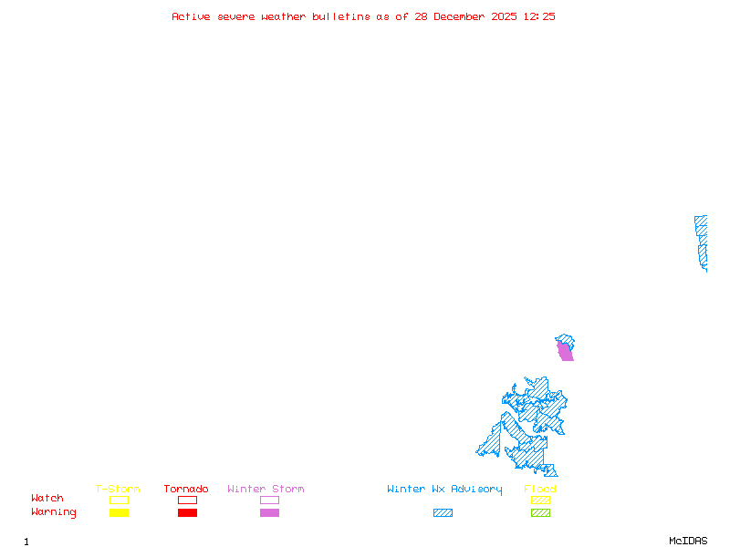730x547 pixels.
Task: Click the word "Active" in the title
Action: click(x=191, y=16)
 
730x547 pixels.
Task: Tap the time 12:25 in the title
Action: click(x=538, y=16)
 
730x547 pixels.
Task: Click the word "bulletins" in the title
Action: click(x=341, y=16)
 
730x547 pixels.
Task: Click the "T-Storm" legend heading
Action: click(x=118, y=490)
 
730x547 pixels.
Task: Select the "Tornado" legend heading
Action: click(x=186, y=490)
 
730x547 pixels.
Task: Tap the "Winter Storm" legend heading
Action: click(x=266, y=490)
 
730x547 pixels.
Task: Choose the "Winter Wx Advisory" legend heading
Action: click(x=444, y=490)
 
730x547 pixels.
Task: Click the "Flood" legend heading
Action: click(x=540, y=490)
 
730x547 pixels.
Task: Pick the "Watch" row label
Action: click(x=47, y=499)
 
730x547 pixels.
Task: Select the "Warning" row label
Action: click(x=54, y=512)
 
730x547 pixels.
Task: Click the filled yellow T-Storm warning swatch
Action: click(x=119, y=513)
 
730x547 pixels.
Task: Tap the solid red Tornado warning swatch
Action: click(x=187, y=513)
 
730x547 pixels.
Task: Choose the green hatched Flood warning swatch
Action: click(x=540, y=513)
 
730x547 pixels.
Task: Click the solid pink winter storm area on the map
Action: click(x=566, y=352)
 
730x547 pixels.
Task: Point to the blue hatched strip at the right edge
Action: click(x=701, y=242)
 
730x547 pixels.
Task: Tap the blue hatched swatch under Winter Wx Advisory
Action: click(x=443, y=513)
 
